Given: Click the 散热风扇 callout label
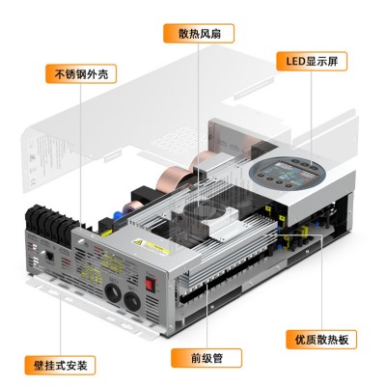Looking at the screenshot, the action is point(199,33).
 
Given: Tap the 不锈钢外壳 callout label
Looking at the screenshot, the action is point(81,74).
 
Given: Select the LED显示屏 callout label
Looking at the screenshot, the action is point(312,61).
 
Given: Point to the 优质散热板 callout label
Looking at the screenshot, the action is point(321,339).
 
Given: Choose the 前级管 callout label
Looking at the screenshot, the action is point(207,358).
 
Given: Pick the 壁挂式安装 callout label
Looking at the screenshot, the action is point(60,365).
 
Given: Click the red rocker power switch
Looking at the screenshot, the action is point(149,284).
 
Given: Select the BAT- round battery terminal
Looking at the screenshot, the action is point(132,302).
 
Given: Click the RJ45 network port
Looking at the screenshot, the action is point(50,257).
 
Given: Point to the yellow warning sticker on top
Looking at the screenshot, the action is point(151,246).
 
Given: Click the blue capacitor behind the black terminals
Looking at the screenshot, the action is point(118,214).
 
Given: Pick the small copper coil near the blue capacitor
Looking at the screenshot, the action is point(135,207).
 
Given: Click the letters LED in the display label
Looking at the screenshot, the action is point(295,61).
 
